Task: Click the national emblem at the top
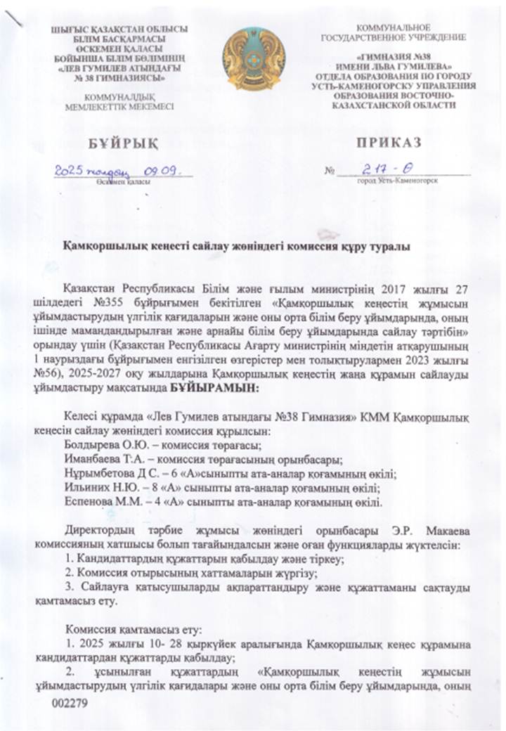(x=253, y=59)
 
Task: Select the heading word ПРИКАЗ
(x=388, y=143)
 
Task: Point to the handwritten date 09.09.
(x=162, y=170)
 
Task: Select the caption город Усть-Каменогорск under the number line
(x=398, y=181)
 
